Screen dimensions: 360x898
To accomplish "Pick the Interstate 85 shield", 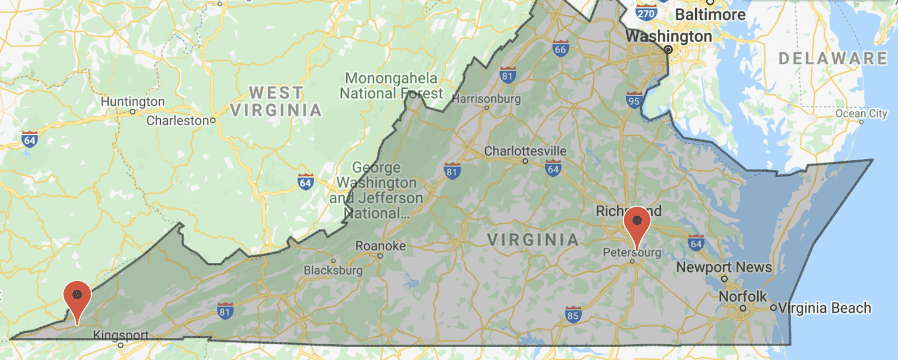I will click(x=573, y=314).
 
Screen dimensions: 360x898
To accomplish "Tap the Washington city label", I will click(x=669, y=36).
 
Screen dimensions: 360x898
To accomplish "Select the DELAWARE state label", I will click(x=833, y=58).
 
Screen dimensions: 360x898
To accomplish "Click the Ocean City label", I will click(x=861, y=113).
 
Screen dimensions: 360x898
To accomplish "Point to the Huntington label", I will click(x=133, y=102).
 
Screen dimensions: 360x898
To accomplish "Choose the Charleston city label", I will click(x=177, y=120).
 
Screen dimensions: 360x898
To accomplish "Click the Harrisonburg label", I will click(x=486, y=99).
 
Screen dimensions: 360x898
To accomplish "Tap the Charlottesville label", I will click(x=525, y=151).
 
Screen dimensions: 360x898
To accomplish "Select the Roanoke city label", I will click(x=380, y=246).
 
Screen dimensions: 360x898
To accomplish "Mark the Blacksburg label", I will click(x=333, y=271).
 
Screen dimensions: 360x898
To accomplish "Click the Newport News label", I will click(x=724, y=268).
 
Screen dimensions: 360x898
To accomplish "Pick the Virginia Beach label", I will click(x=825, y=307).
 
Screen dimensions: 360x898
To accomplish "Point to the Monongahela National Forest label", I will click(x=391, y=85).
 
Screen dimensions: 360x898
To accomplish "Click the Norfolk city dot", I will click(x=742, y=308).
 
